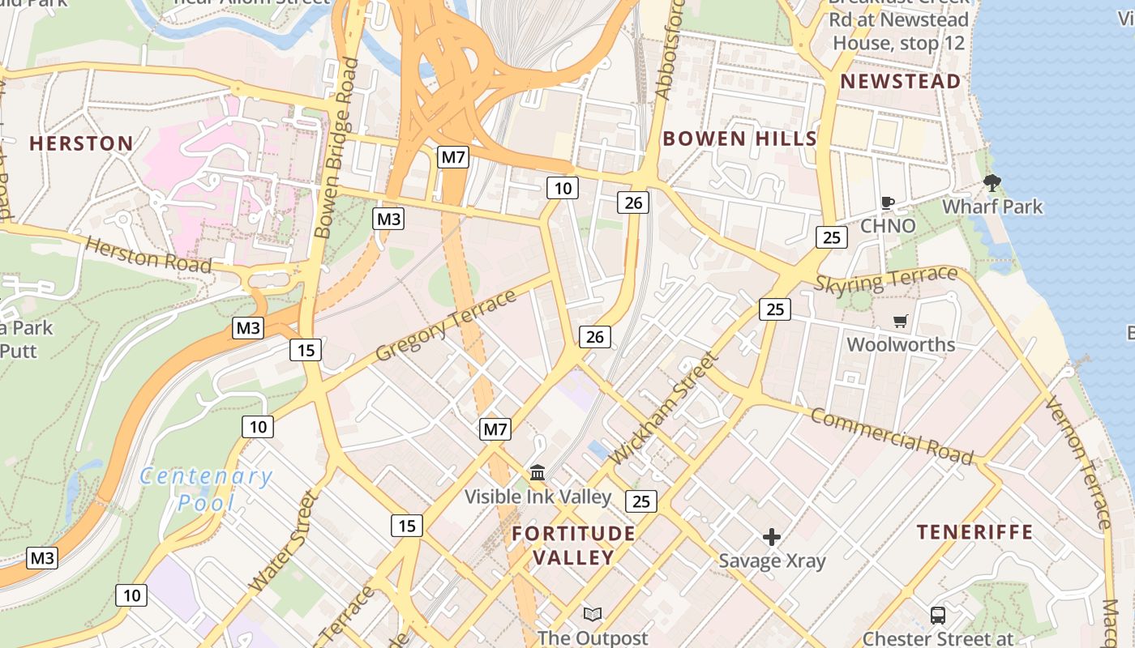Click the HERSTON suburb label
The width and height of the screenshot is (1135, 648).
pyautogui.click(x=81, y=144)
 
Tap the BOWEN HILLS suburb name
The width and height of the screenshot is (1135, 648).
pyautogui.click(x=739, y=139)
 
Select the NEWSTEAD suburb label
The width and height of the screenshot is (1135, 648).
pyautogui.click(x=900, y=81)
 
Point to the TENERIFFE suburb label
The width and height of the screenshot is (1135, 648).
pyautogui.click(x=974, y=532)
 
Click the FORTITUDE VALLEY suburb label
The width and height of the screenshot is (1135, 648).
pyautogui.click(x=573, y=545)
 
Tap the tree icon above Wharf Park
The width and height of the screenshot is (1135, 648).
pyautogui.click(x=992, y=183)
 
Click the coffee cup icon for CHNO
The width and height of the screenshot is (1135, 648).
pyautogui.click(x=888, y=202)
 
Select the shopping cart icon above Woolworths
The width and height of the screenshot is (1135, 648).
pyautogui.click(x=900, y=322)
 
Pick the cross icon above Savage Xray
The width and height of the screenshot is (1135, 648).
pyautogui.click(x=772, y=537)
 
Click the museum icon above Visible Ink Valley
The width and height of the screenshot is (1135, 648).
pyautogui.click(x=538, y=472)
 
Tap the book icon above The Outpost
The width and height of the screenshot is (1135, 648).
pyautogui.click(x=593, y=615)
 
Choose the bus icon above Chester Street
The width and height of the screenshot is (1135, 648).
pyautogui.click(x=938, y=616)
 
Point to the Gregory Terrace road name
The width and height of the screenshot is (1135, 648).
pyautogui.click(x=446, y=326)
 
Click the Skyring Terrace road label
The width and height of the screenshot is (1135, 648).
pyautogui.click(x=885, y=279)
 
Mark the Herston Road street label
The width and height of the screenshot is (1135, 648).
pyautogui.click(x=148, y=255)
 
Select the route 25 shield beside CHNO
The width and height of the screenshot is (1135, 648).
pyautogui.click(x=832, y=237)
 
